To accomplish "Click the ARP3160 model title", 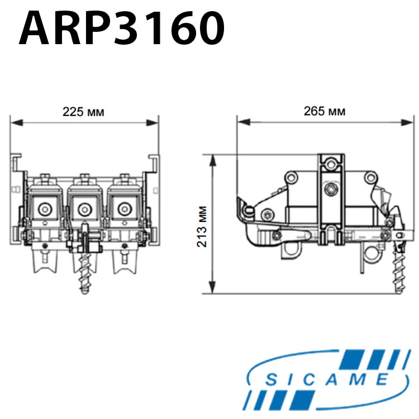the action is pyautogui.click(x=122, y=28).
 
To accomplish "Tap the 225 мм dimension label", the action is pyautogui.click(x=83, y=112).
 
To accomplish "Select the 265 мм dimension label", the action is pyautogui.click(x=325, y=111).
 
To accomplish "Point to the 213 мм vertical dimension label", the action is pyautogui.click(x=202, y=227).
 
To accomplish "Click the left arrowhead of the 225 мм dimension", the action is pyautogui.click(x=17, y=123).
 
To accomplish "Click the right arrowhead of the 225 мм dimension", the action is pyautogui.click(x=153, y=123).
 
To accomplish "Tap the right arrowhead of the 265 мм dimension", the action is pyautogui.click(x=407, y=122).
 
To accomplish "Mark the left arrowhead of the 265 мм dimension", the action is pyautogui.click(x=244, y=122).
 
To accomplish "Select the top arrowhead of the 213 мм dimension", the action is pyautogui.click(x=212, y=161).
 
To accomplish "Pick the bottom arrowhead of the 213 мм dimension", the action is pyautogui.click(x=212, y=287).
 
